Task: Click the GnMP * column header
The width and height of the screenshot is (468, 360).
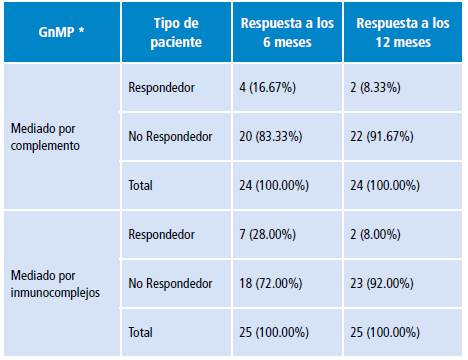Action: coord(60,32)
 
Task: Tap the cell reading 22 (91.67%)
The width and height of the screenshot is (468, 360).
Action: coord(389,136)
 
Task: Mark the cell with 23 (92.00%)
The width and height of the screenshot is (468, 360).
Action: coord(389,283)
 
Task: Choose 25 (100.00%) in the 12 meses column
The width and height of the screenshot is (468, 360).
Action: coord(392,332)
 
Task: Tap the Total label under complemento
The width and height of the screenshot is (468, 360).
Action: coord(142,185)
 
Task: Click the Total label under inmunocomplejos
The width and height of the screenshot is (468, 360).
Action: coord(142,332)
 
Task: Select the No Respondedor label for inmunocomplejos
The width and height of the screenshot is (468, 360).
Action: coord(167,283)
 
